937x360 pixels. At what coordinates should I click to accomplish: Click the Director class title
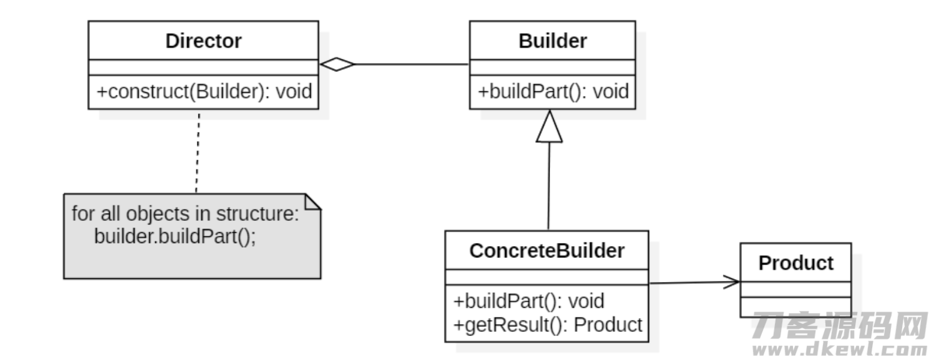203,41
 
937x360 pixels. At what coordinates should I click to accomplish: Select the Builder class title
552,41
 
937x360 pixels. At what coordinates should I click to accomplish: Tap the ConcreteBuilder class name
546,251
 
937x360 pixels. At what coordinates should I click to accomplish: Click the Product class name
795,263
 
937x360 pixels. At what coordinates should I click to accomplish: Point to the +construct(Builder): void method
204,92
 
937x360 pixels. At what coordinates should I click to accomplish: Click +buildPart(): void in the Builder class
553,92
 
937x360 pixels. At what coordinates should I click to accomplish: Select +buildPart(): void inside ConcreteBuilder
528,301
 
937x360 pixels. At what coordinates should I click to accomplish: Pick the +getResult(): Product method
548,325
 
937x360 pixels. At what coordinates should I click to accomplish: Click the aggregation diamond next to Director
337,64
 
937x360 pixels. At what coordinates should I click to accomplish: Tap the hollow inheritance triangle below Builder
549,127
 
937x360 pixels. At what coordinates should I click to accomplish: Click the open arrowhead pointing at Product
732,282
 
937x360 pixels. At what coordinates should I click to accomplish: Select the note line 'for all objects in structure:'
185,214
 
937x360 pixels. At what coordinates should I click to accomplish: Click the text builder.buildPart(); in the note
175,236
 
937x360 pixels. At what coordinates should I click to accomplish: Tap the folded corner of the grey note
313,202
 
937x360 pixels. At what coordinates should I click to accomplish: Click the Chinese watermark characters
840,325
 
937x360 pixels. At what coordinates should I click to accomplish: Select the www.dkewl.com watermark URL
840,349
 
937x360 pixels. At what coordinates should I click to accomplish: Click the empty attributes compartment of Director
203,67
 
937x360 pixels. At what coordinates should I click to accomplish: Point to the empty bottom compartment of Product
795,307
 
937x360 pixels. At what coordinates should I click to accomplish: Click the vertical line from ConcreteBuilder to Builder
549,186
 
